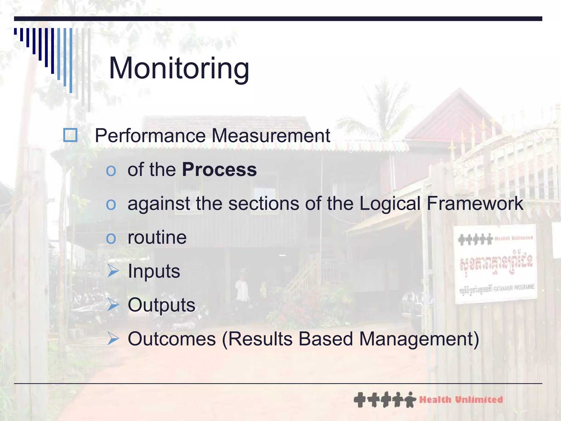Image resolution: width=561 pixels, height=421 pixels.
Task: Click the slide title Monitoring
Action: [x=179, y=68]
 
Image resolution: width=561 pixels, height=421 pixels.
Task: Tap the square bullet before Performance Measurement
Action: [x=70, y=135]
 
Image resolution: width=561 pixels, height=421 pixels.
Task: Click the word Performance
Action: [x=150, y=136]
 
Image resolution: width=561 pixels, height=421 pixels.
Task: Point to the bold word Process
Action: [x=219, y=170]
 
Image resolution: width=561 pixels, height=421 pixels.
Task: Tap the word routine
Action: [x=157, y=237]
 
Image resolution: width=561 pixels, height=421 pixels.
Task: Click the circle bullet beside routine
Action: [x=111, y=238]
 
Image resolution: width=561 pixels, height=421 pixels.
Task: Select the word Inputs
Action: [x=154, y=271]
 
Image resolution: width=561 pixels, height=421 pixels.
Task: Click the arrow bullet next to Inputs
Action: [x=113, y=271]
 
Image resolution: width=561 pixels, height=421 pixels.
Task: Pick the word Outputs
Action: [x=161, y=305]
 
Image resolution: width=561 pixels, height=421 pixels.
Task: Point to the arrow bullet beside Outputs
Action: [x=113, y=305]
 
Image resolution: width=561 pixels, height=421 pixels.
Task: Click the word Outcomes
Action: [x=172, y=339]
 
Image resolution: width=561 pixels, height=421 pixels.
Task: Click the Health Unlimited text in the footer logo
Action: [x=461, y=400]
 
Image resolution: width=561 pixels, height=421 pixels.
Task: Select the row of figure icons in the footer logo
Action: [x=385, y=400]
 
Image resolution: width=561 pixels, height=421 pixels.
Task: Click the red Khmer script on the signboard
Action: [x=496, y=262]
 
